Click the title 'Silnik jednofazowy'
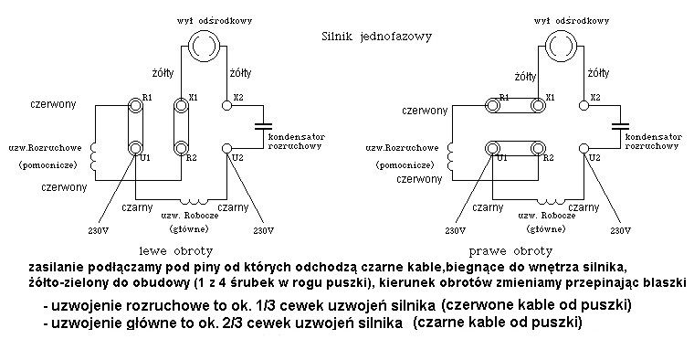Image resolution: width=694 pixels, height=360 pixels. pyautogui.click(x=376, y=37)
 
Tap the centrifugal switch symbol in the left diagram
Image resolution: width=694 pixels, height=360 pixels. pyautogui.click(x=204, y=45)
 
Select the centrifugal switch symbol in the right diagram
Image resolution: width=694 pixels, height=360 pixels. pyautogui.click(x=561, y=45)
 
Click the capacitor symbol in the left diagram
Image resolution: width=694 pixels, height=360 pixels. pyautogui.click(x=265, y=126)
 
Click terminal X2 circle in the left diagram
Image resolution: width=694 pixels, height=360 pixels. pyautogui.click(x=226, y=105)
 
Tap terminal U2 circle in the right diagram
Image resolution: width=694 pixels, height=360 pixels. pyautogui.click(x=584, y=149)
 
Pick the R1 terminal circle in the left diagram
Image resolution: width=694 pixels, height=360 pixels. pyautogui.click(x=135, y=105)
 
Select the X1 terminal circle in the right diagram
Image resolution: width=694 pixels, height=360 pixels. pyautogui.click(x=538, y=105)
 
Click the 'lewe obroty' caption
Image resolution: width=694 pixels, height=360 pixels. pyautogui.click(x=176, y=251)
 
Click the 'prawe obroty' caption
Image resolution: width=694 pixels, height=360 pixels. pyautogui.click(x=510, y=251)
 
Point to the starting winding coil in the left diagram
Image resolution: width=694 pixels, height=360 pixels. pyautogui.click(x=93, y=156)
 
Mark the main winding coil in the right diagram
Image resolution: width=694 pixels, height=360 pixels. pyautogui.click(x=550, y=201)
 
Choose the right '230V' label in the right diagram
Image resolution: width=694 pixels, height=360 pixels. pyautogui.click(x=620, y=230)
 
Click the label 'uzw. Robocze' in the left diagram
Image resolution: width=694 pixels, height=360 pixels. pyautogui.click(x=190, y=216)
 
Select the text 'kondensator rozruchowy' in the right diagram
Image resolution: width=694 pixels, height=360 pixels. pyautogui.click(x=653, y=142)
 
